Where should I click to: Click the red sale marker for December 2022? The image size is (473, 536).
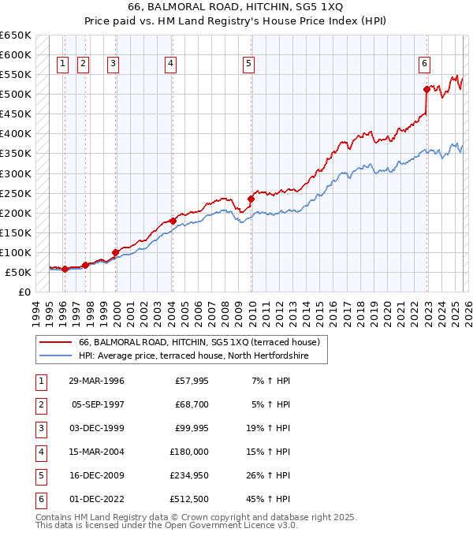tap(426, 89)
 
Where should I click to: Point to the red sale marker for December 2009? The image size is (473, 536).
tap(251, 199)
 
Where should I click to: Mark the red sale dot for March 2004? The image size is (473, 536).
tap(173, 221)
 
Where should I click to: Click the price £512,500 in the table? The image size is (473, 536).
tap(189, 499)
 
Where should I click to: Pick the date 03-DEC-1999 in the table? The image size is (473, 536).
tap(96, 428)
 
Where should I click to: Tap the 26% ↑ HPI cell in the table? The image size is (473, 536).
tap(267, 475)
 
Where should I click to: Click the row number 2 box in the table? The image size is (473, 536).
tap(39, 404)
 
